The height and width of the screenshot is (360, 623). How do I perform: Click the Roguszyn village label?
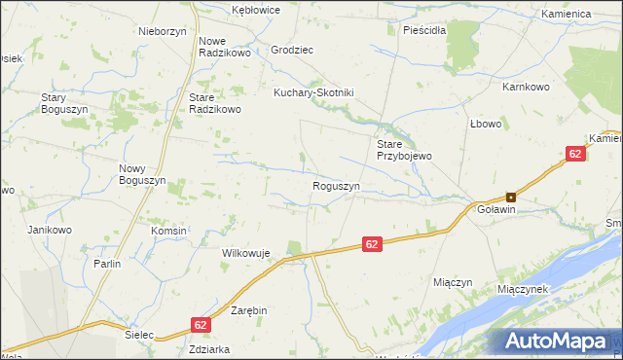pyautogui.click(x=337, y=186)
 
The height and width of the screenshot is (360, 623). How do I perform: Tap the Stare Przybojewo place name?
pyautogui.click(x=404, y=150)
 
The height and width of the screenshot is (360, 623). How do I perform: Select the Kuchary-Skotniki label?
pyautogui.click(x=312, y=92)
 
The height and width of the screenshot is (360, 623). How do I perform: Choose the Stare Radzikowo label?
pyautogui.click(x=214, y=104)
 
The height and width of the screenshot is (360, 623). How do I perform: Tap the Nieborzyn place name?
pyautogui.click(x=163, y=30)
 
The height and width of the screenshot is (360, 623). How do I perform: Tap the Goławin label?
pyautogui.click(x=489, y=209)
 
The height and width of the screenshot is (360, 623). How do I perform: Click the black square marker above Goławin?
pyautogui.click(x=510, y=197)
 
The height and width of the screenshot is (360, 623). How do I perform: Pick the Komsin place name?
pyautogui.click(x=168, y=231)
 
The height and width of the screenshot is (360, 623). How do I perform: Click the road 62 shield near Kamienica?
pyautogui.click(x=575, y=154)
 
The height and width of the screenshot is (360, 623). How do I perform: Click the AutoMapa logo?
pyautogui.click(x=559, y=341)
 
